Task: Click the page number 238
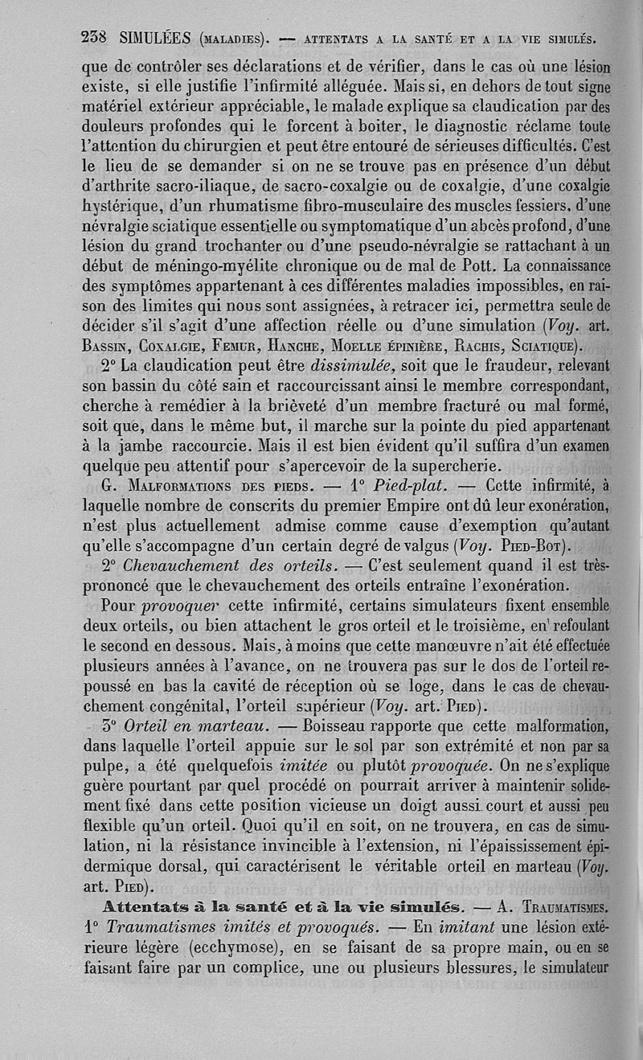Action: pyautogui.click(x=96, y=37)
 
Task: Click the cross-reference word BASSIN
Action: pyautogui.click(x=106, y=347)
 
